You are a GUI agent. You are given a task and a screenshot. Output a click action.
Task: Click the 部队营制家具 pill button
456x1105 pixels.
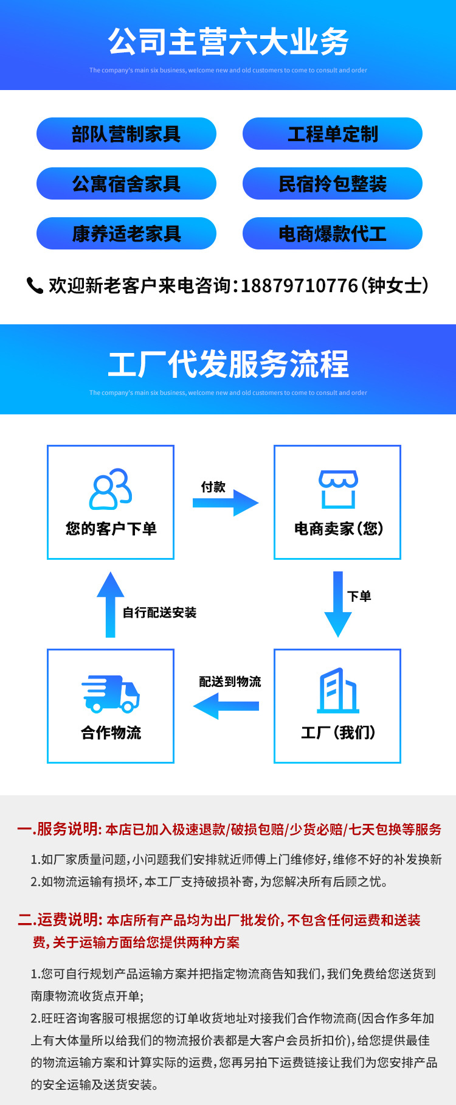click(126, 134)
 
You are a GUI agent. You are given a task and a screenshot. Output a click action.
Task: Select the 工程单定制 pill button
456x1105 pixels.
click(332, 134)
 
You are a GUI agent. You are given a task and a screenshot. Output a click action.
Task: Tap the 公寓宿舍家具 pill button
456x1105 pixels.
click(126, 184)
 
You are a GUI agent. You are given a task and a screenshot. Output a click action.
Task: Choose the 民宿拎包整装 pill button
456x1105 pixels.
click(332, 184)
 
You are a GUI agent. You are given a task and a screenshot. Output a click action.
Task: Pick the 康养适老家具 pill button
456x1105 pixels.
click(126, 234)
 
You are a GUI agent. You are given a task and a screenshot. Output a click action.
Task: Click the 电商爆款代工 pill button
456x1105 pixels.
click(332, 234)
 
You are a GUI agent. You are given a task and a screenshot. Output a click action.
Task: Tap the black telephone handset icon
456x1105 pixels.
click(35, 285)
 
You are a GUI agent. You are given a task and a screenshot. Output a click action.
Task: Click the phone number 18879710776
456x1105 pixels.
click(299, 285)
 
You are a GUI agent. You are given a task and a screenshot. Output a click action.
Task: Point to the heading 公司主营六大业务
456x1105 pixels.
click(228, 42)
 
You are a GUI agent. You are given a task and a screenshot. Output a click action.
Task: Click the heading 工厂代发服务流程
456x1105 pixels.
click(228, 364)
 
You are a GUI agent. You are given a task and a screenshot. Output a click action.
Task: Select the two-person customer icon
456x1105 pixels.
click(111, 489)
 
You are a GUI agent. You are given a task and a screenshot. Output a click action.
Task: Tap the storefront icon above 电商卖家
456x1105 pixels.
click(338, 489)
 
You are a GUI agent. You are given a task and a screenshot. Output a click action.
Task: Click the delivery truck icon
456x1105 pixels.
click(111, 694)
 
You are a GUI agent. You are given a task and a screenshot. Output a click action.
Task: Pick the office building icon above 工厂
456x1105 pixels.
click(338, 691)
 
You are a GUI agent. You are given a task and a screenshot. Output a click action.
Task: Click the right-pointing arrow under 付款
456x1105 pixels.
click(226, 503)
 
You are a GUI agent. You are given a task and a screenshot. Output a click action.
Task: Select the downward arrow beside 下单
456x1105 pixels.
click(338, 604)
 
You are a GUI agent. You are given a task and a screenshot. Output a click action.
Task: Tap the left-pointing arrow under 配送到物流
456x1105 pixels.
click(226, 706)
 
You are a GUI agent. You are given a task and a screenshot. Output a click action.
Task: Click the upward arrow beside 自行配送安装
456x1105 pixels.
click(111, 605)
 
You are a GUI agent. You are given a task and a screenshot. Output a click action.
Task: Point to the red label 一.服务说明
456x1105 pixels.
click(59, 829)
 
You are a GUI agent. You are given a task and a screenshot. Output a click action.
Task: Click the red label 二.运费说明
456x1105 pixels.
click(59, 920)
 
